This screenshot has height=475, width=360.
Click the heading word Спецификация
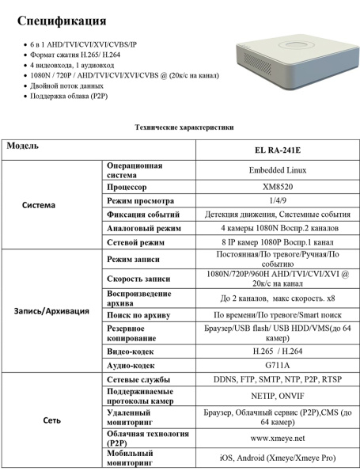(x=61, y=20)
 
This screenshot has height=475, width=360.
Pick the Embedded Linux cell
(x=277, y=169)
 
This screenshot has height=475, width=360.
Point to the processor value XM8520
(x=277, y=187)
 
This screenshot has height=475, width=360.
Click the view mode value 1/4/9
(x=277, y=200)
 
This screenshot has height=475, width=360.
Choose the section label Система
(x=38, y=204)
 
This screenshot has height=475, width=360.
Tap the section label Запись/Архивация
(x=51, y=310)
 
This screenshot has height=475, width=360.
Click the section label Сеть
(x=51, y=420)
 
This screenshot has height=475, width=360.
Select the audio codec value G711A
(x=277, y=365)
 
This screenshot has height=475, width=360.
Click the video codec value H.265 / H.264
(x=277, y=351)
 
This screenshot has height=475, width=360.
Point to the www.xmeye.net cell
(x=277, y=437)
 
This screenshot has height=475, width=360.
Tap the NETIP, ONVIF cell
(x=277, y=395)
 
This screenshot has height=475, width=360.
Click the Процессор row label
(x=127, y=187)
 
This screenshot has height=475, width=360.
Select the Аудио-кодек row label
(x=131, y=365)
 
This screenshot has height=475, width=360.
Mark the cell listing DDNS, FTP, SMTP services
(x=277, y=379)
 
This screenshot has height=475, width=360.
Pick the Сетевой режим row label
(x=135, y=242)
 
